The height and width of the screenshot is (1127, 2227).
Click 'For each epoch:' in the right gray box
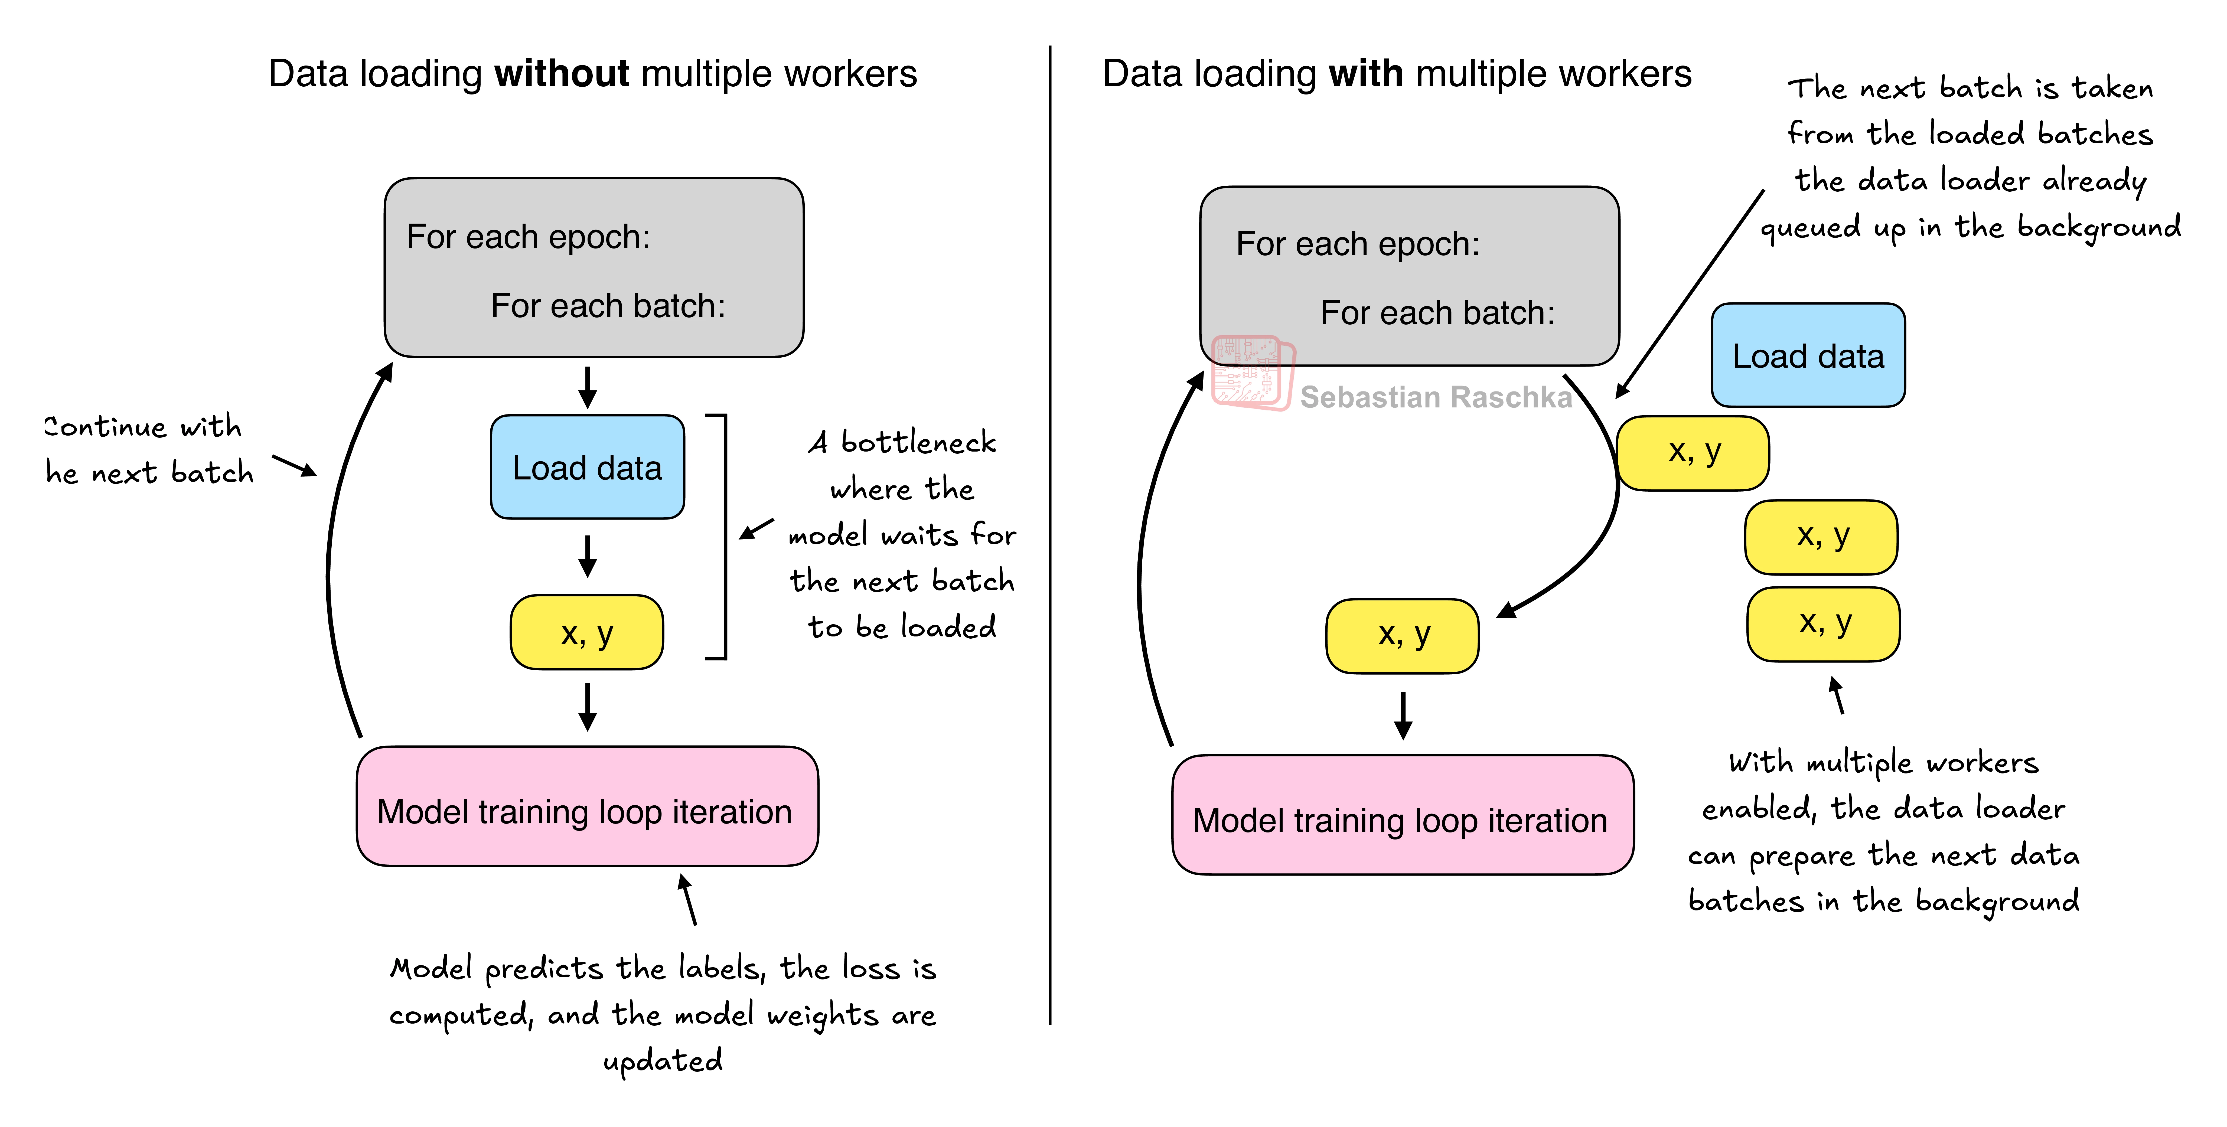[x=1357, y=244]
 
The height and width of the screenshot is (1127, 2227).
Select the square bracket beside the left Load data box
[x=723, y=536]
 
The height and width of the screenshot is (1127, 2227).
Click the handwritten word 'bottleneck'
[x=918, y=443]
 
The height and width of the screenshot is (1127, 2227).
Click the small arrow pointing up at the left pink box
[x=687, y=899]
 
